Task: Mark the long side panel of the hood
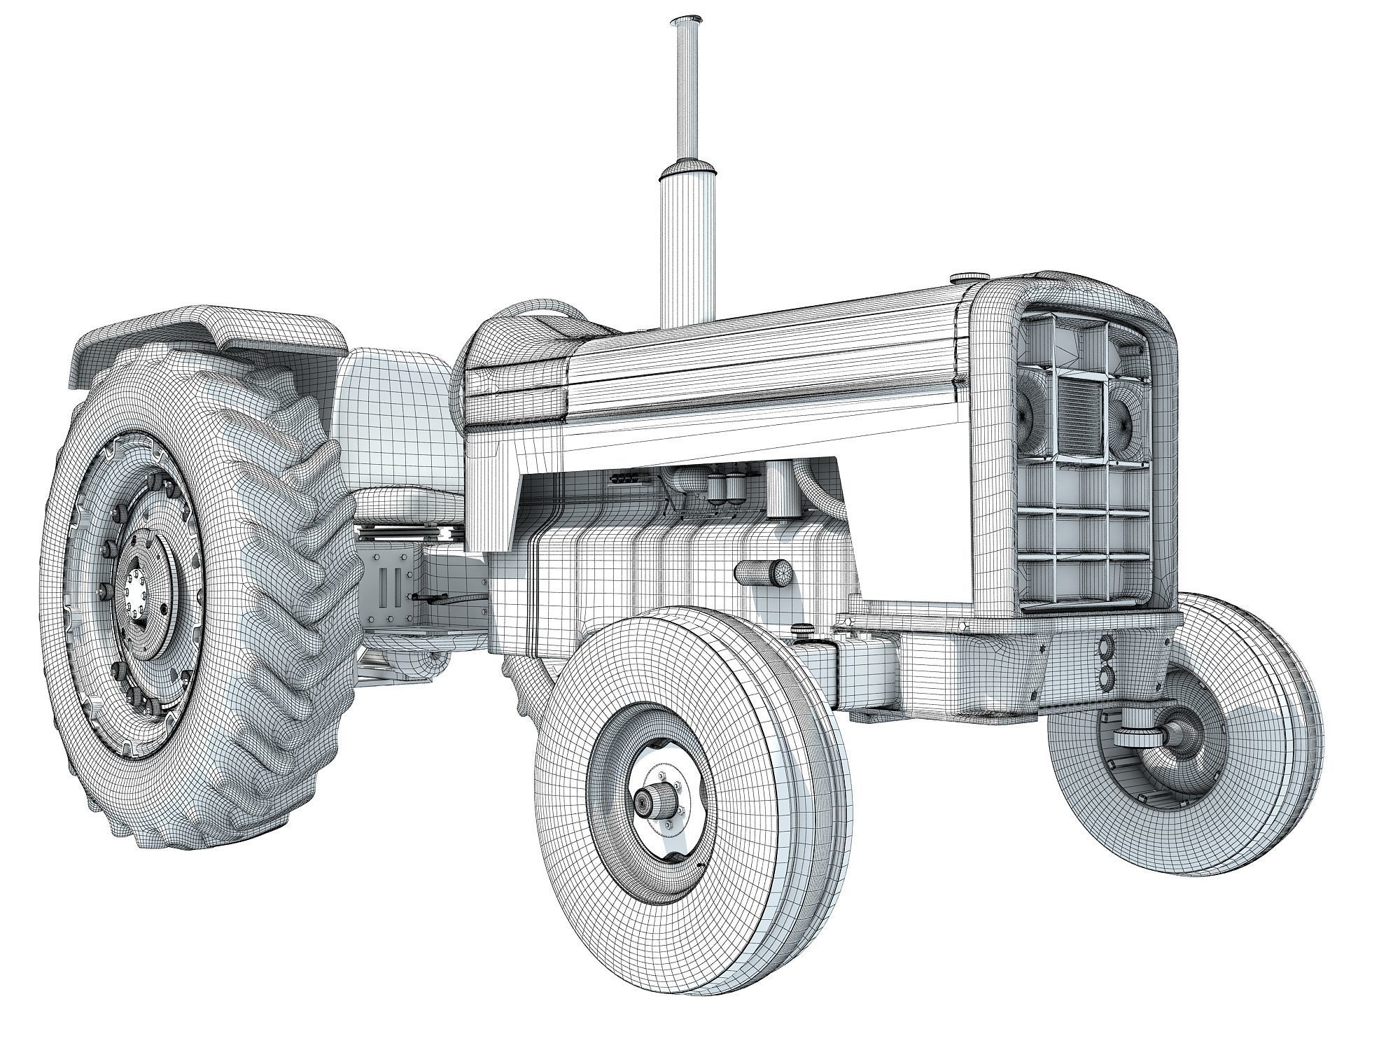click(756, 364)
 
